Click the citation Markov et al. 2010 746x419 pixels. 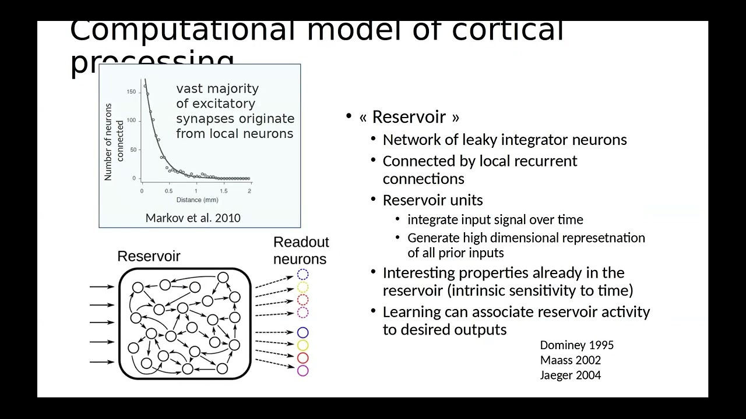pyautogui.click(x=192, y=218)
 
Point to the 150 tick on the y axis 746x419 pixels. pyautogui.click(x=132, y=91)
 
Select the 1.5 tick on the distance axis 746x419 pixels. pyautogui.click(x=223, y=190)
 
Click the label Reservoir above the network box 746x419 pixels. pyautogui.click(x=149, y=257)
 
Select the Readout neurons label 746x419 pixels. pyautogui.click(x=301, y=250)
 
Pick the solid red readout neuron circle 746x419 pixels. pyautogui.click(x=302, y=358)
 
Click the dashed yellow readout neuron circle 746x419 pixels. pyautogui.click(x=302, y=287)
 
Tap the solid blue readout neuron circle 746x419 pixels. pyautogui.click(x=302, y=332)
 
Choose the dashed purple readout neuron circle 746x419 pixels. pyautogui.click(x=302, y=313)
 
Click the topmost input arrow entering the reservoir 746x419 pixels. pyautogui.click(x=102, y=286)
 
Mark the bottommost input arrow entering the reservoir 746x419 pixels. pyautogui.click(x=102, y=362)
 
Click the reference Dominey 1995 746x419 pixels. pyautogui.click(x=576, y=345)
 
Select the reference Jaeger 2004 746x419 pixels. pyautogui.click(x=570, y=375)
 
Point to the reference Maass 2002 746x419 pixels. pyautogui.click(x=570, y=360)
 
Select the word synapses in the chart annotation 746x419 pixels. pyautogui.click(x=203, y=119)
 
